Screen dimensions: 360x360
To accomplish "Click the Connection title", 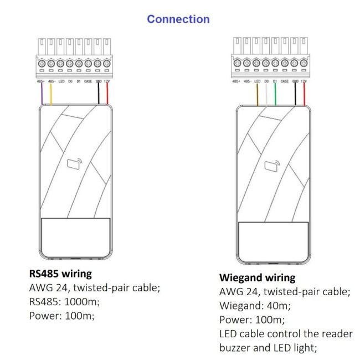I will click(178, 19).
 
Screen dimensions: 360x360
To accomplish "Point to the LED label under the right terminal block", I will click(257, 81).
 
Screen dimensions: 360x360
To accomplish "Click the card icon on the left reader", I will click(74, 164).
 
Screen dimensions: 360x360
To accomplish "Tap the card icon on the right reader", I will click(271, 164).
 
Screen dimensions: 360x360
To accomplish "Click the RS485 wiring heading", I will click(60, 274).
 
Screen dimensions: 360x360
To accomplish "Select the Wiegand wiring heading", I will click(258, 277).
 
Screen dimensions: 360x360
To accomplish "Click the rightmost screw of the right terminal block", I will click(304, 63).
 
